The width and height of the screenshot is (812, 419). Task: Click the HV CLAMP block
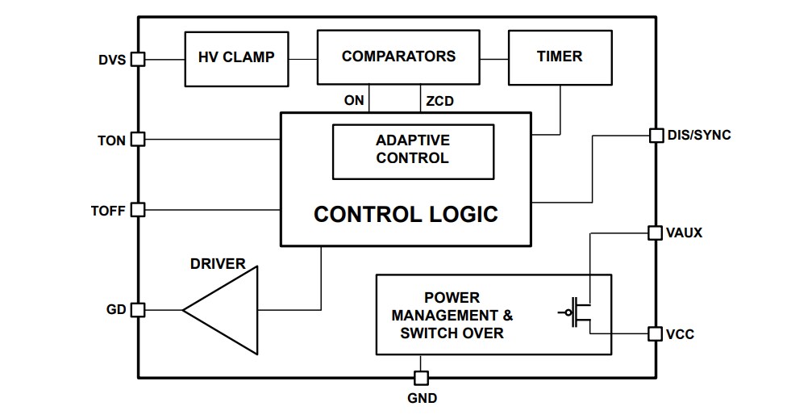236,58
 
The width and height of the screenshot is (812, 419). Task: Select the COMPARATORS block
398,57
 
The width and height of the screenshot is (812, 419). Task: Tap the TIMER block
560,57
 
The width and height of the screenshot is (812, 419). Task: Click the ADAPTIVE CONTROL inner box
413,150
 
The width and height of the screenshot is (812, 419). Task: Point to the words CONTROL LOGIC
406,215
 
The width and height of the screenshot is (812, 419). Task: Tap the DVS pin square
138,59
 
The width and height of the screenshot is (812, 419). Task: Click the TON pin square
138,140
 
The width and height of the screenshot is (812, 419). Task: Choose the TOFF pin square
138,210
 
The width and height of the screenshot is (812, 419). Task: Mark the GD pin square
138,309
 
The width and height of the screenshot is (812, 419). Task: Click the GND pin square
421,378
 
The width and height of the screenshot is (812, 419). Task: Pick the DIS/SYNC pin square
656,135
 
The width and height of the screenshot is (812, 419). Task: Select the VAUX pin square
656,233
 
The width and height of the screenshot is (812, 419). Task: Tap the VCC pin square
656,333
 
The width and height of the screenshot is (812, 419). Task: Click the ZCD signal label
439,102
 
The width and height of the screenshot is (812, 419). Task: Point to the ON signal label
354,101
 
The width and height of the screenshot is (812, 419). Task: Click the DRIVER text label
218,264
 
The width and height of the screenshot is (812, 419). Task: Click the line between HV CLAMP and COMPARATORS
302,59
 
